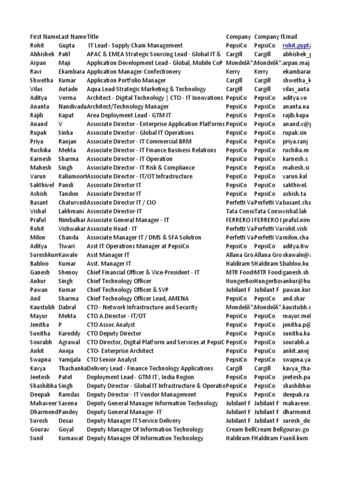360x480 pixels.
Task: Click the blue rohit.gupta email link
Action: click(296, 45)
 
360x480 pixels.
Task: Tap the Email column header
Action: click(290, 37)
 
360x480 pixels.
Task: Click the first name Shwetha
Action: click(41, 80)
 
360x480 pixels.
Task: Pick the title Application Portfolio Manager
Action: click(127, 80)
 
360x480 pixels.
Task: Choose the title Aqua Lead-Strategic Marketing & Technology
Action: click(146, 89)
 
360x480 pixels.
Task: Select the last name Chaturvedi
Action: click(72, 202)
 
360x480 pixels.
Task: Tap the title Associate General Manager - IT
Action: click(128, 220)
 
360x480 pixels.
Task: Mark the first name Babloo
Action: click(40, 263)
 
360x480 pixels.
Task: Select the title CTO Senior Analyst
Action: click(112, 360)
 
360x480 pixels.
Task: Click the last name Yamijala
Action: click(71, 360)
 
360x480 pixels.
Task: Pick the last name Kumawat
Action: click(71, 438)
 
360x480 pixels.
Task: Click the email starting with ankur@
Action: click(296, 281)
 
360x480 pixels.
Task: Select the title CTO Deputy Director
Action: click(113, 333)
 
